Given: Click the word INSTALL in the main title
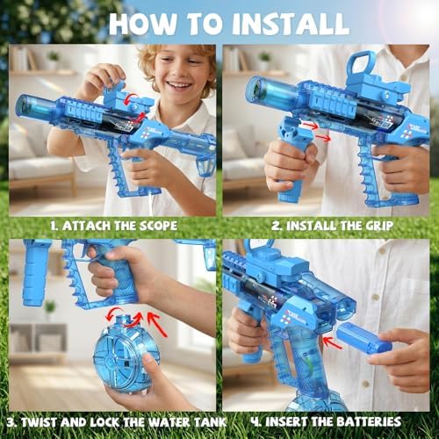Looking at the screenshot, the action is (291, 24).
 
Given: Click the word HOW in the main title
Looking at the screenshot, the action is (142, 24).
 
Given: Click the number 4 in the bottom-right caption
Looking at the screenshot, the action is (255, 422).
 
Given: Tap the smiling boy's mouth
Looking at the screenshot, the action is (179, 85).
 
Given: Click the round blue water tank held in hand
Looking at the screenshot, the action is (126, 354).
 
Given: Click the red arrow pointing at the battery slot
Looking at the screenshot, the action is (332, 342).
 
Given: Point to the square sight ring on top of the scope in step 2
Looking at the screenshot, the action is (363, 64).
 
